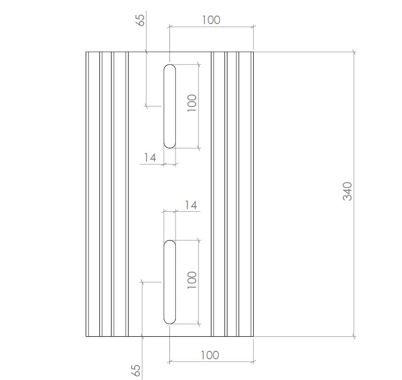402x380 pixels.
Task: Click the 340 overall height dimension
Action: coord(347,191)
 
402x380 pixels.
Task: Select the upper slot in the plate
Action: coord(169,106)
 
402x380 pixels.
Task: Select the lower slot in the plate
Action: coord(169,282)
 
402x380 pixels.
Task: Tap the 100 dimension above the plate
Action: coord(211,20)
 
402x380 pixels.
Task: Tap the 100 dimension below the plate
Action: coord(210,355)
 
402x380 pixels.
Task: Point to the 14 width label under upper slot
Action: coord(150,157)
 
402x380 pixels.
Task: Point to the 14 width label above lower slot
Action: coord(191,205)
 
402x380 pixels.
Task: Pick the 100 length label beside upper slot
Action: coord(192,103)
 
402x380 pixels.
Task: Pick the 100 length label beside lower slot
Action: coord(192,280)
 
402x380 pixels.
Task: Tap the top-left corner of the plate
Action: coord(86,51)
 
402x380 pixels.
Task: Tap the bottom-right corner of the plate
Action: coord(254,337)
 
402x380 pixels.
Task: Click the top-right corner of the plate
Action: coord(254,51)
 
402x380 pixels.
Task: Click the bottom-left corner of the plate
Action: coord(86,337)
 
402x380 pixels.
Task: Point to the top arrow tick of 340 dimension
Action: coord(354,52)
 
